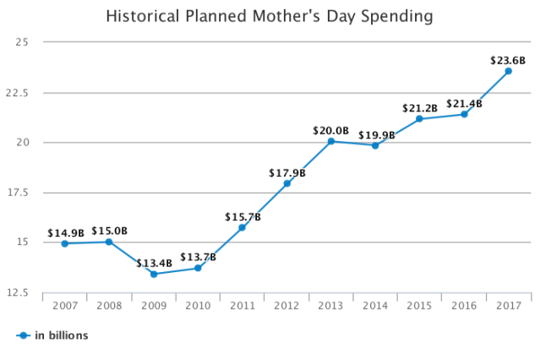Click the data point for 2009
click(x=154, y=274)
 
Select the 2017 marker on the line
click(x=508, y=71)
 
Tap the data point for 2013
click(x=331, y=141)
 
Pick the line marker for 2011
click(x=243, y=227)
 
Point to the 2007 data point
click(x=65, y=243)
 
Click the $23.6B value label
click(x=508, y=60)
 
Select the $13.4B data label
click(x=154, y=263)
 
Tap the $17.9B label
click(x=287, y=173)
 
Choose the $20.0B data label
click(x=331, y=130)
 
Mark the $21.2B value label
click(x=420, y=108)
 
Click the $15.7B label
click(x=243, y=217)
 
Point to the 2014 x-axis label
click(x=375, y=305)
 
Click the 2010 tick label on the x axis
click(x=198, y=305)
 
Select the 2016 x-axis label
click(x=464, y=305)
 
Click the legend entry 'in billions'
click(x=61, y=335)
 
